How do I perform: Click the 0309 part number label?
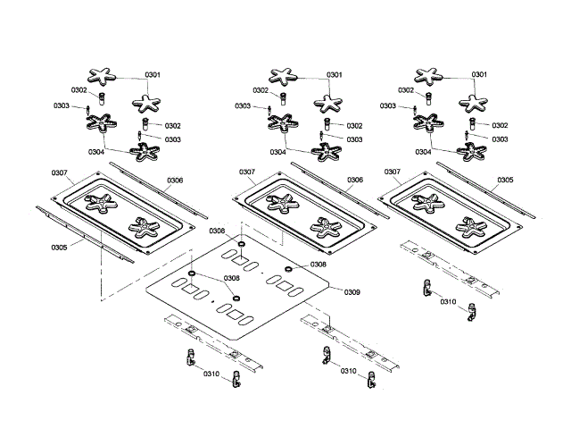[352, 292]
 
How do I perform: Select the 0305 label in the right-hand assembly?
[504, 180]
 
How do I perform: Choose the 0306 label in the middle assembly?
[354, 180]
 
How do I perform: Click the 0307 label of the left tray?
[60, 172]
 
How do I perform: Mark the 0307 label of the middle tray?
[247, 172]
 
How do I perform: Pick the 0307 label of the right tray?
[391, 172]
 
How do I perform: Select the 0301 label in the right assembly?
[479, 74]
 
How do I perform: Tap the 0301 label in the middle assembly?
[335, 74]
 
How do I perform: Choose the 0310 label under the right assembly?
[448, 301]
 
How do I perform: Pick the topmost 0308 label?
[217, 231]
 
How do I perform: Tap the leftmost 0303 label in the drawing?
[61, 106]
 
